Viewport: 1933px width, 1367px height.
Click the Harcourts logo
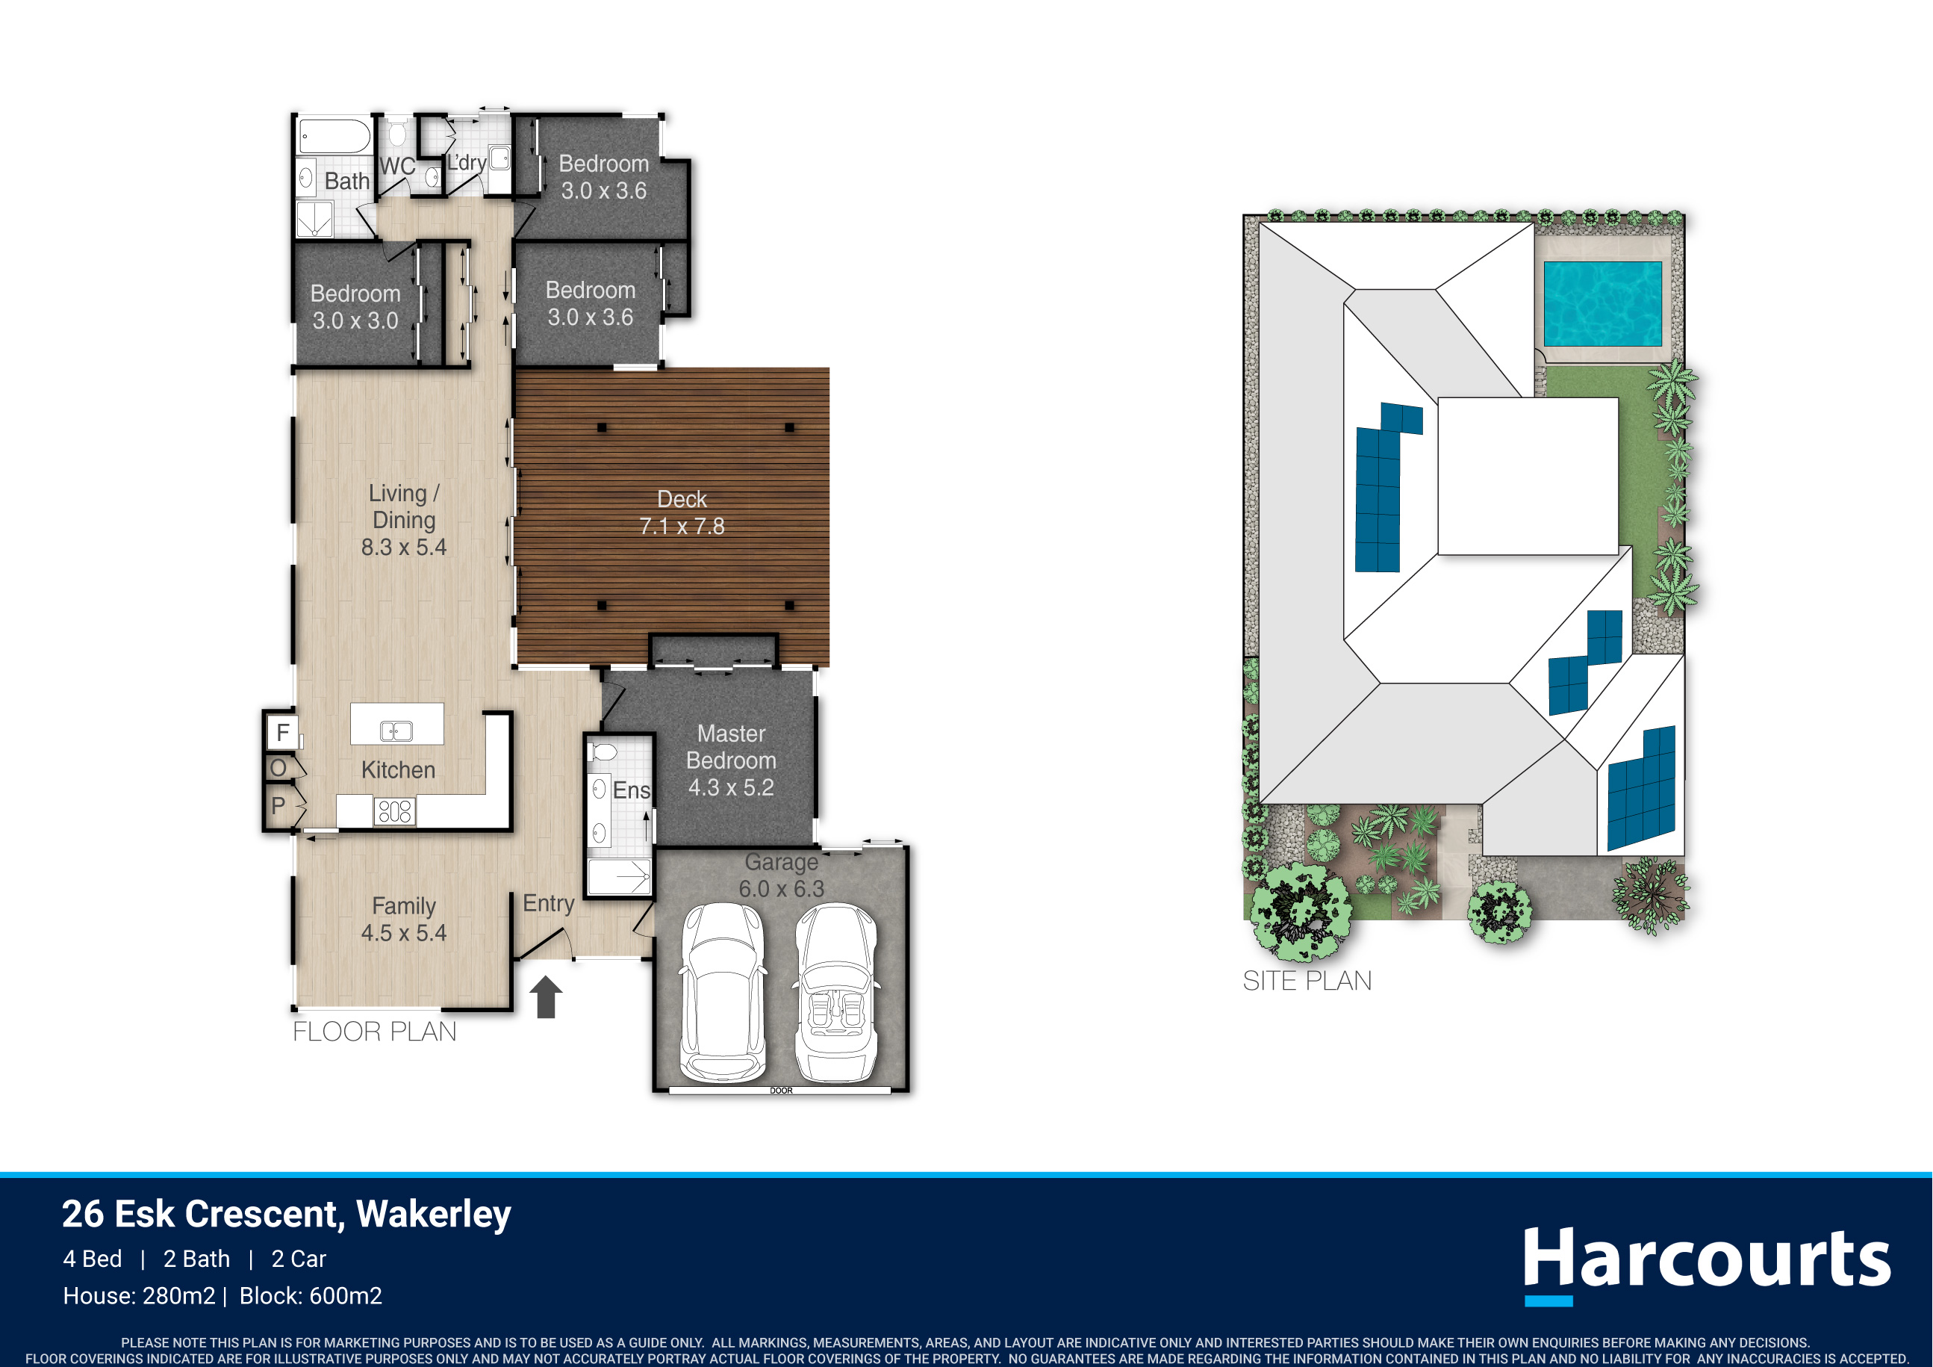tap(1707, 1262)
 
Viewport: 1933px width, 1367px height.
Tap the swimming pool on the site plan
tap(1602, 303)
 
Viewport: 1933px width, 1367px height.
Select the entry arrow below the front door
tap(546, 996)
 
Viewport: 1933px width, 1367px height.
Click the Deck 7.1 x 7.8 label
tap(682, 512)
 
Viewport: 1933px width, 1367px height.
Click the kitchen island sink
tap(396, 731)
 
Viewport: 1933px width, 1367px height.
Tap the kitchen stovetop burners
tap(394, 811)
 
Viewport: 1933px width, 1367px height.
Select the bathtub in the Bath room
tap(335, 137)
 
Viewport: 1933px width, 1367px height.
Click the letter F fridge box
tap(282, 732)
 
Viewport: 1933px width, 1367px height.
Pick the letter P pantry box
tap(278, 806)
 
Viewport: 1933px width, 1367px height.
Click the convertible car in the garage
tap(836, 992)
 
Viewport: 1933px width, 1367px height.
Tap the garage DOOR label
tap(781, 1091)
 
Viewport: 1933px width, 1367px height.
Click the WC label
tap(397, 166)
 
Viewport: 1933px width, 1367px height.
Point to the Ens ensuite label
tap(632, 790)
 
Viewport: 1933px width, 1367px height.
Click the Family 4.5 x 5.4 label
tap(404, 919)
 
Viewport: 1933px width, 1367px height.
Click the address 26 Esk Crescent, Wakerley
tap(286, 1214)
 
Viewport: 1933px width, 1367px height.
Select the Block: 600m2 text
tap(311, 1295)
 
